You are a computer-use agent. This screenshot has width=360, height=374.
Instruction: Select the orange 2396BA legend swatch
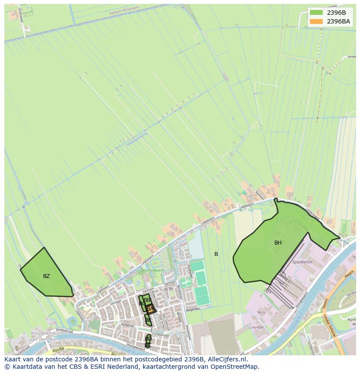316,21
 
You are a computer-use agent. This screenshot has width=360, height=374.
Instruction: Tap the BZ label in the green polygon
47,276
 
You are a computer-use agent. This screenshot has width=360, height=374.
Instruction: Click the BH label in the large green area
278,243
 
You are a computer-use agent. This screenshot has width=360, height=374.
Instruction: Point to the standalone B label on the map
216,254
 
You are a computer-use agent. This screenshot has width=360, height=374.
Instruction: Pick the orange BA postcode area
150,309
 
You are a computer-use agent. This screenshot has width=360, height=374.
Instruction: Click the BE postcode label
148,320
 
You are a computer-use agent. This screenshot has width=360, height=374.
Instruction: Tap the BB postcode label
147,300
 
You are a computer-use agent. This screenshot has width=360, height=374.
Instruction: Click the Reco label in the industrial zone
261,312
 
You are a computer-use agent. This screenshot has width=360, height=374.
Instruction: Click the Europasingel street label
162,335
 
